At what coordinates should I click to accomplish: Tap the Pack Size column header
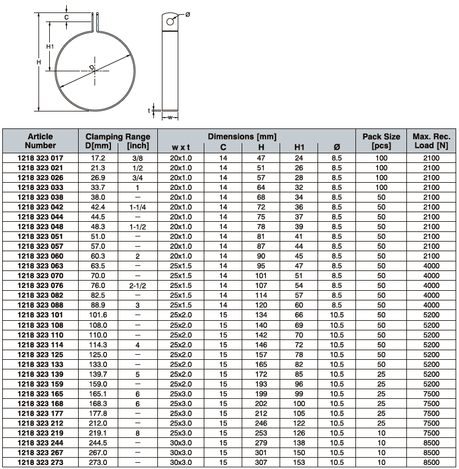tap(381, 141)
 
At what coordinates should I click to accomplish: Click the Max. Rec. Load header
tap(431, 141)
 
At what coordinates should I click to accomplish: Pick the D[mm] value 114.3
tap(98, 345)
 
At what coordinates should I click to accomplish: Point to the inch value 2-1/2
tap(138, 286)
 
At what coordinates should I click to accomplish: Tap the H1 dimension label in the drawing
tap(50, 46)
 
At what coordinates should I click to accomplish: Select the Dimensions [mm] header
tap(242, 136)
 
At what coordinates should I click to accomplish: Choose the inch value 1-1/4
tap(138, 207)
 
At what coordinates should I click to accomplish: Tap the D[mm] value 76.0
tap(98, 286)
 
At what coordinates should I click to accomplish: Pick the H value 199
tap(261, 394)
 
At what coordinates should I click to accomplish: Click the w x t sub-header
tap(182, 148)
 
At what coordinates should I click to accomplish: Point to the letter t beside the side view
tap(149, 110)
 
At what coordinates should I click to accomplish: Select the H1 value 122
tap(299, 423)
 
